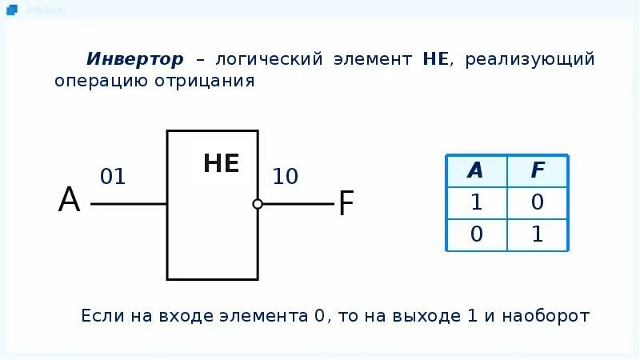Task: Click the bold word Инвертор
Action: click(135, 60)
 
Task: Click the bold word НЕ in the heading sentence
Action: click(438, 60)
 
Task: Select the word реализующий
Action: click(531, 60)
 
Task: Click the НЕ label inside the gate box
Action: click(222, 164)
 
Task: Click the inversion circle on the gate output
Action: click(258, 204)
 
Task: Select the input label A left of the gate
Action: click(70, 201)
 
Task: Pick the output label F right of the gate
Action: click(346, 204)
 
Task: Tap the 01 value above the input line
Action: click(113, 177)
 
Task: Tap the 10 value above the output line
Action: click(285, 177)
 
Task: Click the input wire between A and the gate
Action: click(128, 204)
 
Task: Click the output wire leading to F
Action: click(297, 204)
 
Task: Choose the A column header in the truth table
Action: click(476, 170)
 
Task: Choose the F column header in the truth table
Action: click(538, 170)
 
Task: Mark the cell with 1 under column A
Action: click(476, 202)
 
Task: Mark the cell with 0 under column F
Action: click(538, 202)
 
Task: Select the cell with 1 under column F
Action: click(538, 234)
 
